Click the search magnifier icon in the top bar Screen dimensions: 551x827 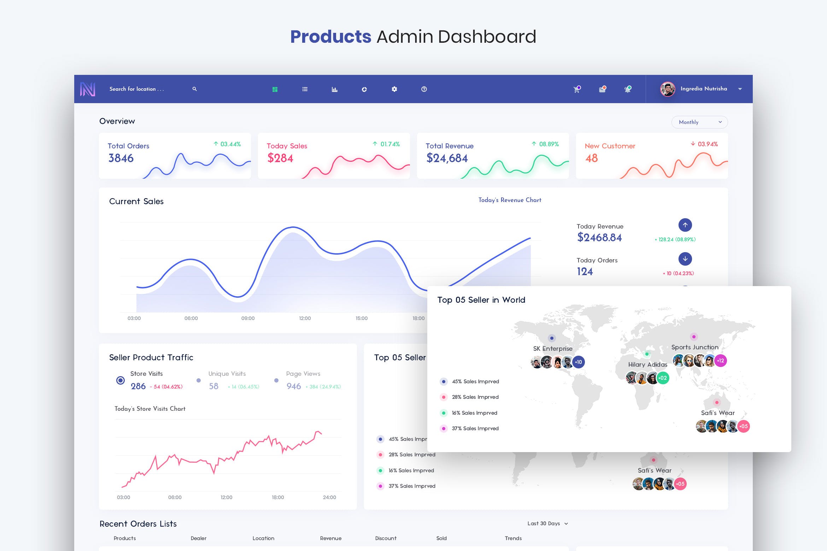pos(194,89)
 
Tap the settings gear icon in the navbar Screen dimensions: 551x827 pos(394,89)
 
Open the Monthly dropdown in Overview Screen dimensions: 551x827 pos(699,122)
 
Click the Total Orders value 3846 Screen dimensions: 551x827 pos(121,158)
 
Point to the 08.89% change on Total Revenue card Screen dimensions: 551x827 pos(549,144)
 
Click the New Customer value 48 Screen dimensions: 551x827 pos(591,158)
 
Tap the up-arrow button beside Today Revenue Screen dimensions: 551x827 pos(685,225)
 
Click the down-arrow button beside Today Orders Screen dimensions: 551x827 pos(685,259)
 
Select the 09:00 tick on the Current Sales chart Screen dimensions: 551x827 pos(248,318)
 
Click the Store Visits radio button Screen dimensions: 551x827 pos(121,380)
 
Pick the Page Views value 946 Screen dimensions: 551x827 pos(294,386)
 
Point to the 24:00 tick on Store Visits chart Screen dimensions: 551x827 pos(329,497)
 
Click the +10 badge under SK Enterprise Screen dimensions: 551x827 pos(579,362)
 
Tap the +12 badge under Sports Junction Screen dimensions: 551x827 pos(720,361)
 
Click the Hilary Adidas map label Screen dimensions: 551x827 pos(647,365)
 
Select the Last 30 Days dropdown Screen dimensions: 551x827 pos(547,523)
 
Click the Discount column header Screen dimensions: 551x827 pos(386,538)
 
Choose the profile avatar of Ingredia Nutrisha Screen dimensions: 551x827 pos(668,89)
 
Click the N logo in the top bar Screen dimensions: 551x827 pos(88,89)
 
